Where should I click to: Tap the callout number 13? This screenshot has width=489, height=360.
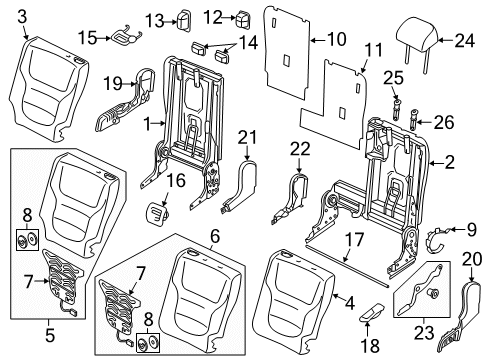pos(154,22)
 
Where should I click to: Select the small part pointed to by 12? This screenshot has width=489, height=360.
pos(242,19)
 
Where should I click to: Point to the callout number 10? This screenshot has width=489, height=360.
pos(337,39)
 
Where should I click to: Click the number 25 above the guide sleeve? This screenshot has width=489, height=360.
pos(393,78)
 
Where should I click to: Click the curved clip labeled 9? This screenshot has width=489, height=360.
pos(436,239)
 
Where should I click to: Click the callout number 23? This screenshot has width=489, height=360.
pos(424,332)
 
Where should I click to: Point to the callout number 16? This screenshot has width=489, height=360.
pos(176,180)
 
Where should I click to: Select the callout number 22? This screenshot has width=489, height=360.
pos(300,149)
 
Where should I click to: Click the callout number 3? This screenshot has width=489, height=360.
pos(22,17)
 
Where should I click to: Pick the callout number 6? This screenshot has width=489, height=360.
pos(215,236)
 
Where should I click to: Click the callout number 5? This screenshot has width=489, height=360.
pos(50,335)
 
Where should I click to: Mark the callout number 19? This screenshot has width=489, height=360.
pos(113,83)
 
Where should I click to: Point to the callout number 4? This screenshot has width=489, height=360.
pos(349,303)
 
